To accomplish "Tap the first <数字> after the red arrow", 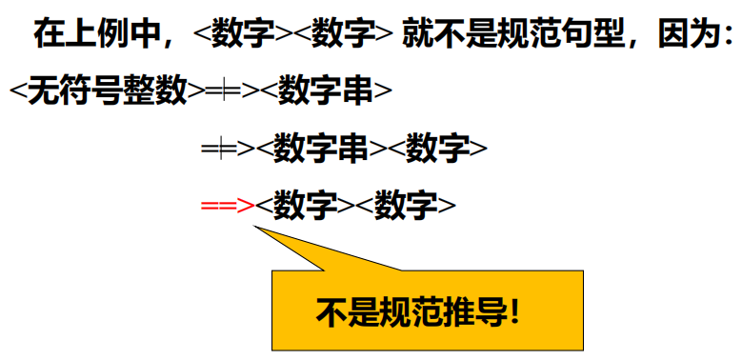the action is [x=306, y=205].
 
